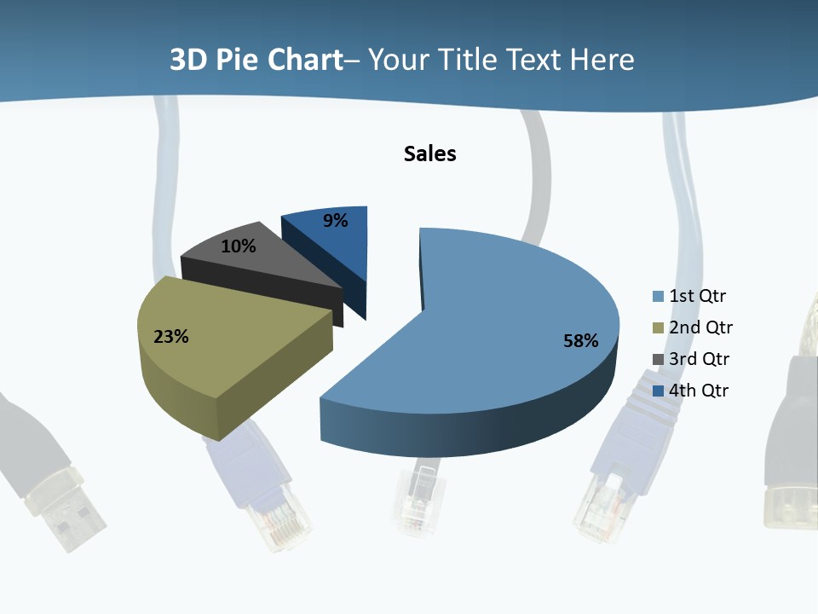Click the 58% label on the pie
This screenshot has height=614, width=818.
point(580,341)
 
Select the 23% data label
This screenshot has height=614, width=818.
point(170,337)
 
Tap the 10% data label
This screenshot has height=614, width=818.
point(238,246)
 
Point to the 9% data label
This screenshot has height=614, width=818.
point(336,221)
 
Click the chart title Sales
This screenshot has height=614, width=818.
point(430,153)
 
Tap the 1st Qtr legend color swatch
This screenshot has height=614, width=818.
point(658,297)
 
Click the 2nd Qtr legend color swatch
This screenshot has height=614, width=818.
point(658,328)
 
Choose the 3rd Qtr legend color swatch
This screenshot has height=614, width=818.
point(658,360)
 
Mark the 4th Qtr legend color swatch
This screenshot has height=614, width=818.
point(658,391)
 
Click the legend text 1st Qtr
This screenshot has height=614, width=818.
point(698,297)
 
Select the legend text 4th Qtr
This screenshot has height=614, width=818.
point(699,391)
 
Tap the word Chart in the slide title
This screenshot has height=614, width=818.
point(305,61)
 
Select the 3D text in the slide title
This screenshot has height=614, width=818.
point(187,61)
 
